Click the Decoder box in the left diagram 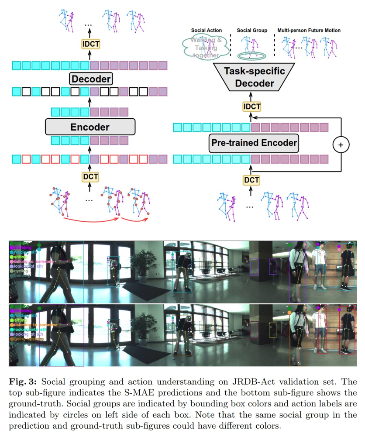91,79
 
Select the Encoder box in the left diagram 90,127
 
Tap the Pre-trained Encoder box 254,143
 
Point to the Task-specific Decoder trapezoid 249,77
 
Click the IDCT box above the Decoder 90,44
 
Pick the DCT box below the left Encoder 90,177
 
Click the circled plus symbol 341,144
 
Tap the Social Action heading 206,31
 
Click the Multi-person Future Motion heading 309,31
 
